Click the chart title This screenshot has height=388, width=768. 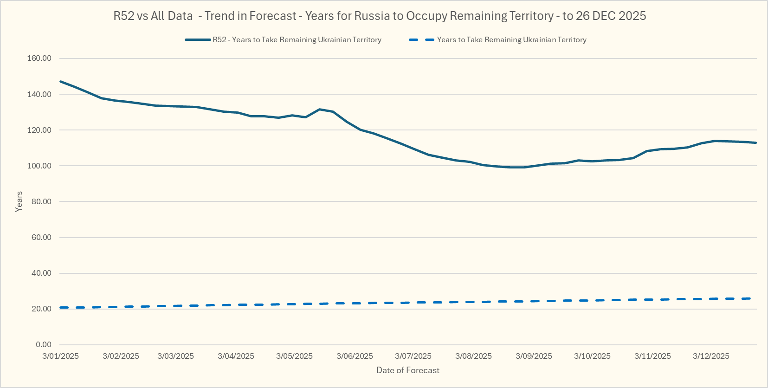click(380, 16)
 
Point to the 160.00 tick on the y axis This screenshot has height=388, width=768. click(39, 58)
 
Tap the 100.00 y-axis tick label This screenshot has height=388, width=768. click(39, 166)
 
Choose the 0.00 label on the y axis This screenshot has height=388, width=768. click(44, 344)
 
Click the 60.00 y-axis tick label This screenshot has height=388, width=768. click(41, 237)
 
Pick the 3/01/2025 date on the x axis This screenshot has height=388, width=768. click(60, 356)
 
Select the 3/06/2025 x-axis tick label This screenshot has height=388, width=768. click(355, 356)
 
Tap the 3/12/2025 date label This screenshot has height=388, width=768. click(711, 356)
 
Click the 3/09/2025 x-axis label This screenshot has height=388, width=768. click(534, 356)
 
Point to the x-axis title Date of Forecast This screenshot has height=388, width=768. click(408, 370)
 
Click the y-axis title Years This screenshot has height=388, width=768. click(19, 201)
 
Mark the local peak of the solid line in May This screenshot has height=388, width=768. click(319, 109)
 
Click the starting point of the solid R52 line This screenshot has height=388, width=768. click(61, 81)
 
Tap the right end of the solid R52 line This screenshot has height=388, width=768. click(756, 142)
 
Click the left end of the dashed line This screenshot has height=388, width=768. click(61, 307)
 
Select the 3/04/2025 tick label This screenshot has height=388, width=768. click(236, 356)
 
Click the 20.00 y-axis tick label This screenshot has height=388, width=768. click(41, 309)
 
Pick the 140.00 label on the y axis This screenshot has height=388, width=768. click(39, 94)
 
